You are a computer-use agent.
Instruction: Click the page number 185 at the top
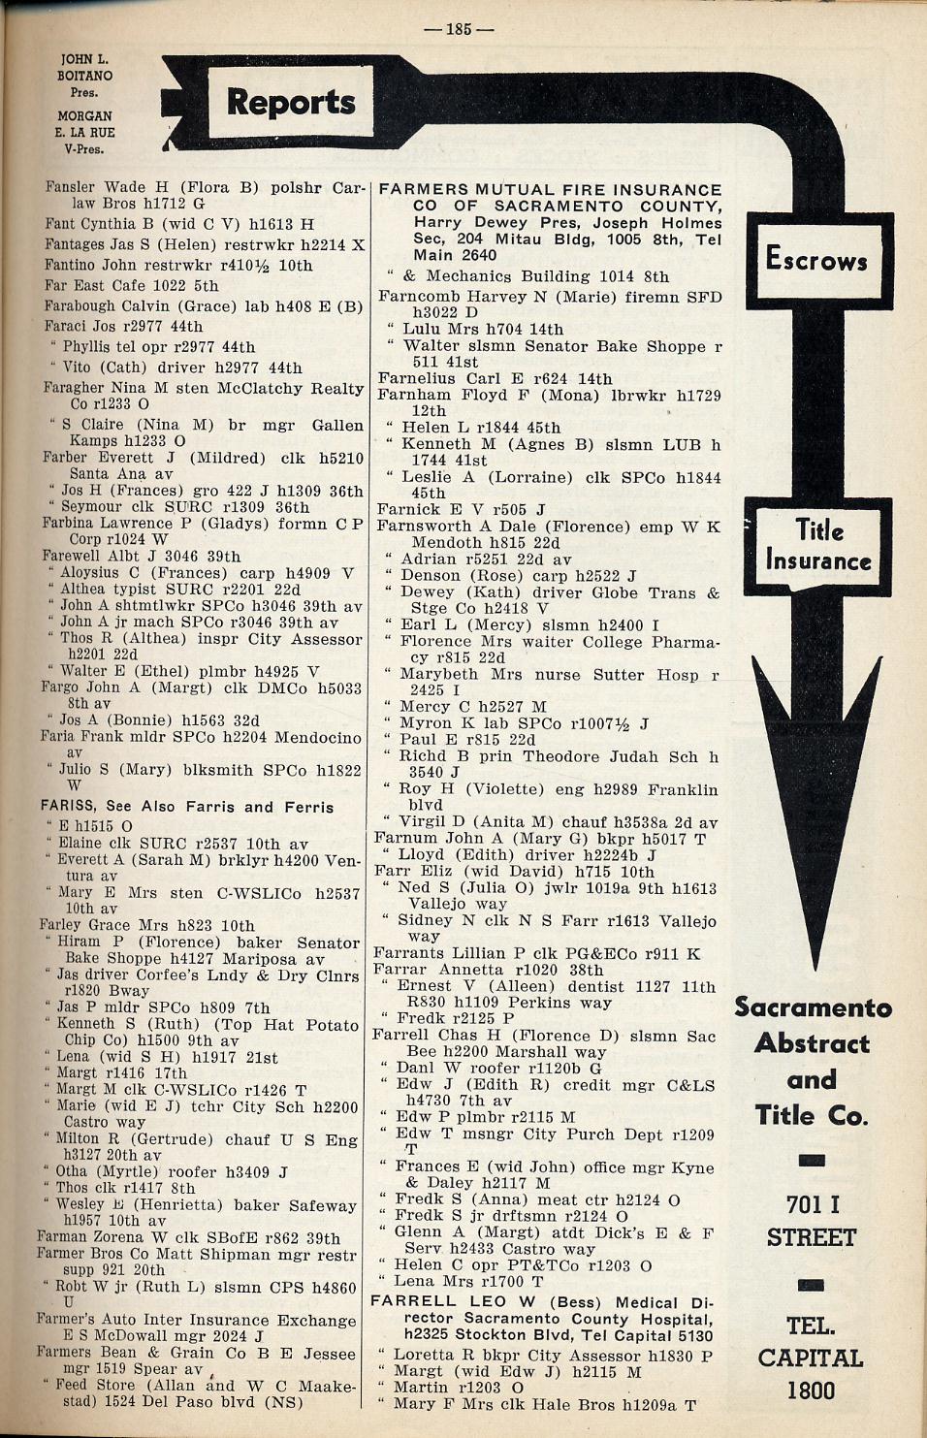(459, 29)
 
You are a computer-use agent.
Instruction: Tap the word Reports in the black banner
(291, 102)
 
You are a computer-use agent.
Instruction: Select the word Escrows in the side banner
(816, 259)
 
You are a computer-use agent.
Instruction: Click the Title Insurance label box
(818, 545)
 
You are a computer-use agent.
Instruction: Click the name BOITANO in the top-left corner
(84, 76)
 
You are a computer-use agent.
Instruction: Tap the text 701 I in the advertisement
(813, 1204)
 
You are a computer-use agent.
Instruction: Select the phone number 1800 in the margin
(811, 1390)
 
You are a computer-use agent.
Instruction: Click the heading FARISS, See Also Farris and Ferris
(187, 807)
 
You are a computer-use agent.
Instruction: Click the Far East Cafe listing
(131, 286)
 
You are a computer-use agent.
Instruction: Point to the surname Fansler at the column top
(70, 187)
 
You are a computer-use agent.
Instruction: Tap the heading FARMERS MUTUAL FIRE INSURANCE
(550, 190)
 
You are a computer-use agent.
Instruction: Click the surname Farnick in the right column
(410, 509)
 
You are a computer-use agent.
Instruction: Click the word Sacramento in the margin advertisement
(813, 1007)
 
